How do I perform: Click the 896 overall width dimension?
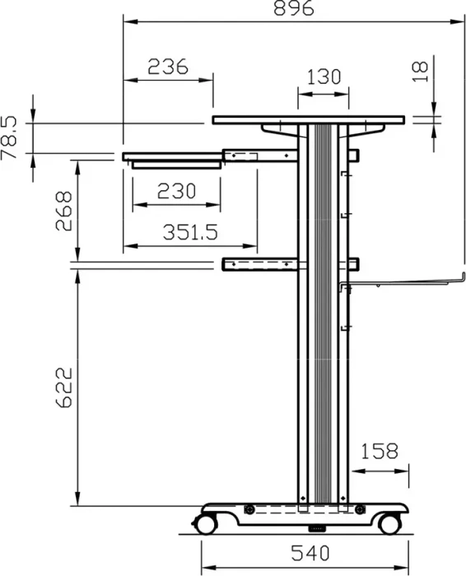[294, 8]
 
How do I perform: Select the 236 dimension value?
[168, 67]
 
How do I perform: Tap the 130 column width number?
[324, 77]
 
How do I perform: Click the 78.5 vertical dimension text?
[9, 137]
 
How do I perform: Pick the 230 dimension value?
[176, 191]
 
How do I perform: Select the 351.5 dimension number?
[190, 232]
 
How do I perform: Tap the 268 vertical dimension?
[63, 211]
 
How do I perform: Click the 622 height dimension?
[63, 388]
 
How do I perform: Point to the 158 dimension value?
[380, 451]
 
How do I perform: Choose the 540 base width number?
[310, 553]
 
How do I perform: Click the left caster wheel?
[205, 524]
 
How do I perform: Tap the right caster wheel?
[389, 524]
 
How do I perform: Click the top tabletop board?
[309, 120]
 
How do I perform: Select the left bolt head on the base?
[249, 509]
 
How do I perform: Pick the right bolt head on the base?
[360, 509]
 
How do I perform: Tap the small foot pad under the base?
[317, 529]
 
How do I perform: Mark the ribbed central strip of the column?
[323, 314]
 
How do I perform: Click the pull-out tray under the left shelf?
[176, 165]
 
